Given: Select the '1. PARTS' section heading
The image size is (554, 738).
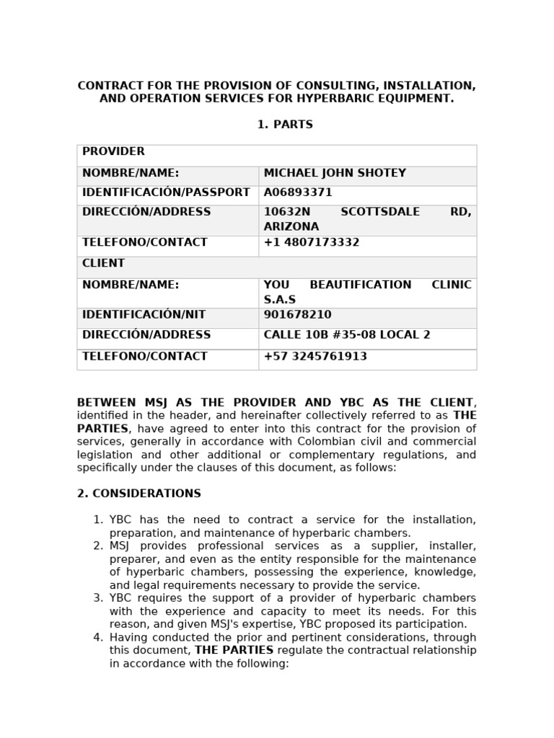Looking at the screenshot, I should coord(285,125).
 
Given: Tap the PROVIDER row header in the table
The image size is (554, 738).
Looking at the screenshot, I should coord(103,152).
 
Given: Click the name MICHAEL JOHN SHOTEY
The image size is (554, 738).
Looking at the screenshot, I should coord(335,174).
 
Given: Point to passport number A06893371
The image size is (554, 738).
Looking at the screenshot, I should coord(298,193).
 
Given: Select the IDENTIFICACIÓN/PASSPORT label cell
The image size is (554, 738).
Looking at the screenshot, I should coord(166,193).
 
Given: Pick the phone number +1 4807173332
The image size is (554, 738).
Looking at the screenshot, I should coord(312,243).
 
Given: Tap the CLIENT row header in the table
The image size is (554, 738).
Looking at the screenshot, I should coord(103,264).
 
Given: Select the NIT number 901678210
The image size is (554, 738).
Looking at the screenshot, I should coord(297,316).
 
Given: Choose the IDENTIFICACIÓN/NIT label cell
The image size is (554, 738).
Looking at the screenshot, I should coord(144,316).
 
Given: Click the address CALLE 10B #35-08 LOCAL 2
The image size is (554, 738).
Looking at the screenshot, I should coord(347,335).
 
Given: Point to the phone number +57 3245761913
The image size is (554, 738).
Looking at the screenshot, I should coord(315,357).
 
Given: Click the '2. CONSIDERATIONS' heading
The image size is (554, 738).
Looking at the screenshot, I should coord(139,494).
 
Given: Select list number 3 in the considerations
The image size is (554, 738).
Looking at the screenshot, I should coord(98,598).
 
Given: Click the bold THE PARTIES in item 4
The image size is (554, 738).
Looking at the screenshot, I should coord(234,650).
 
